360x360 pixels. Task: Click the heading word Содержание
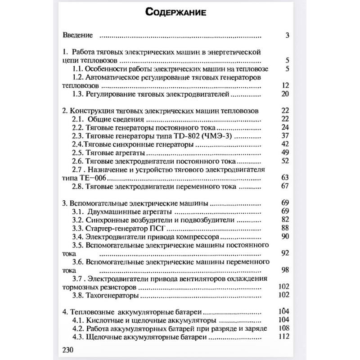coord(176,12)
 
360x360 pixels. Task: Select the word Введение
coord(78,35)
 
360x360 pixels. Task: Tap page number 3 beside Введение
coord(287,35)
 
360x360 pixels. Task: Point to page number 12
coord(284,85)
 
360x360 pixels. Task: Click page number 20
coord(284,94)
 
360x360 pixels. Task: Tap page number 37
coord(284,136)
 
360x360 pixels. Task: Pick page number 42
coord(284,144)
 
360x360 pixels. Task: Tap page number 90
coord(284,237)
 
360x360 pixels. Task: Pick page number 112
coord(283,337)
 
